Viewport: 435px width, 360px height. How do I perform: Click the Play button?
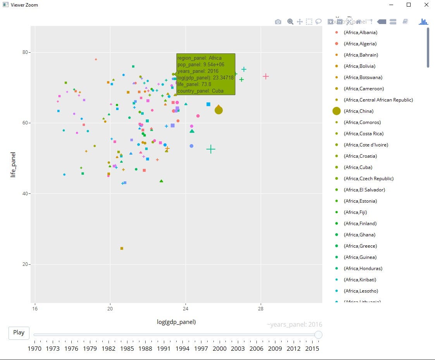[19, 332]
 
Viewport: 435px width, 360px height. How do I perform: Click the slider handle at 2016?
[318, 335]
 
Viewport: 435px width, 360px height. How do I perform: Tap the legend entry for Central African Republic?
[378, 100]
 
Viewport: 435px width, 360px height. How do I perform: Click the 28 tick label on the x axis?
[261, 309]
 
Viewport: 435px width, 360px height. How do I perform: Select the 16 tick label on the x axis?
[35, 309]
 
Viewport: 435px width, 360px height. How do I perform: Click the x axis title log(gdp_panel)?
[176, 322]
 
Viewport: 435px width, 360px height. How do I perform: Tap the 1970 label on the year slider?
[34, 348]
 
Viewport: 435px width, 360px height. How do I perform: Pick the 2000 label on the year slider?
[220, 348]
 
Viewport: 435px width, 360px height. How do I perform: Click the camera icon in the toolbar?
[278, 22]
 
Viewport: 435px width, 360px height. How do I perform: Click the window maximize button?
[409, 5]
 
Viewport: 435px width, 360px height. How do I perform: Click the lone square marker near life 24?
[122, 248]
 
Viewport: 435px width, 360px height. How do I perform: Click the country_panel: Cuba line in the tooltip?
[200, 91]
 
